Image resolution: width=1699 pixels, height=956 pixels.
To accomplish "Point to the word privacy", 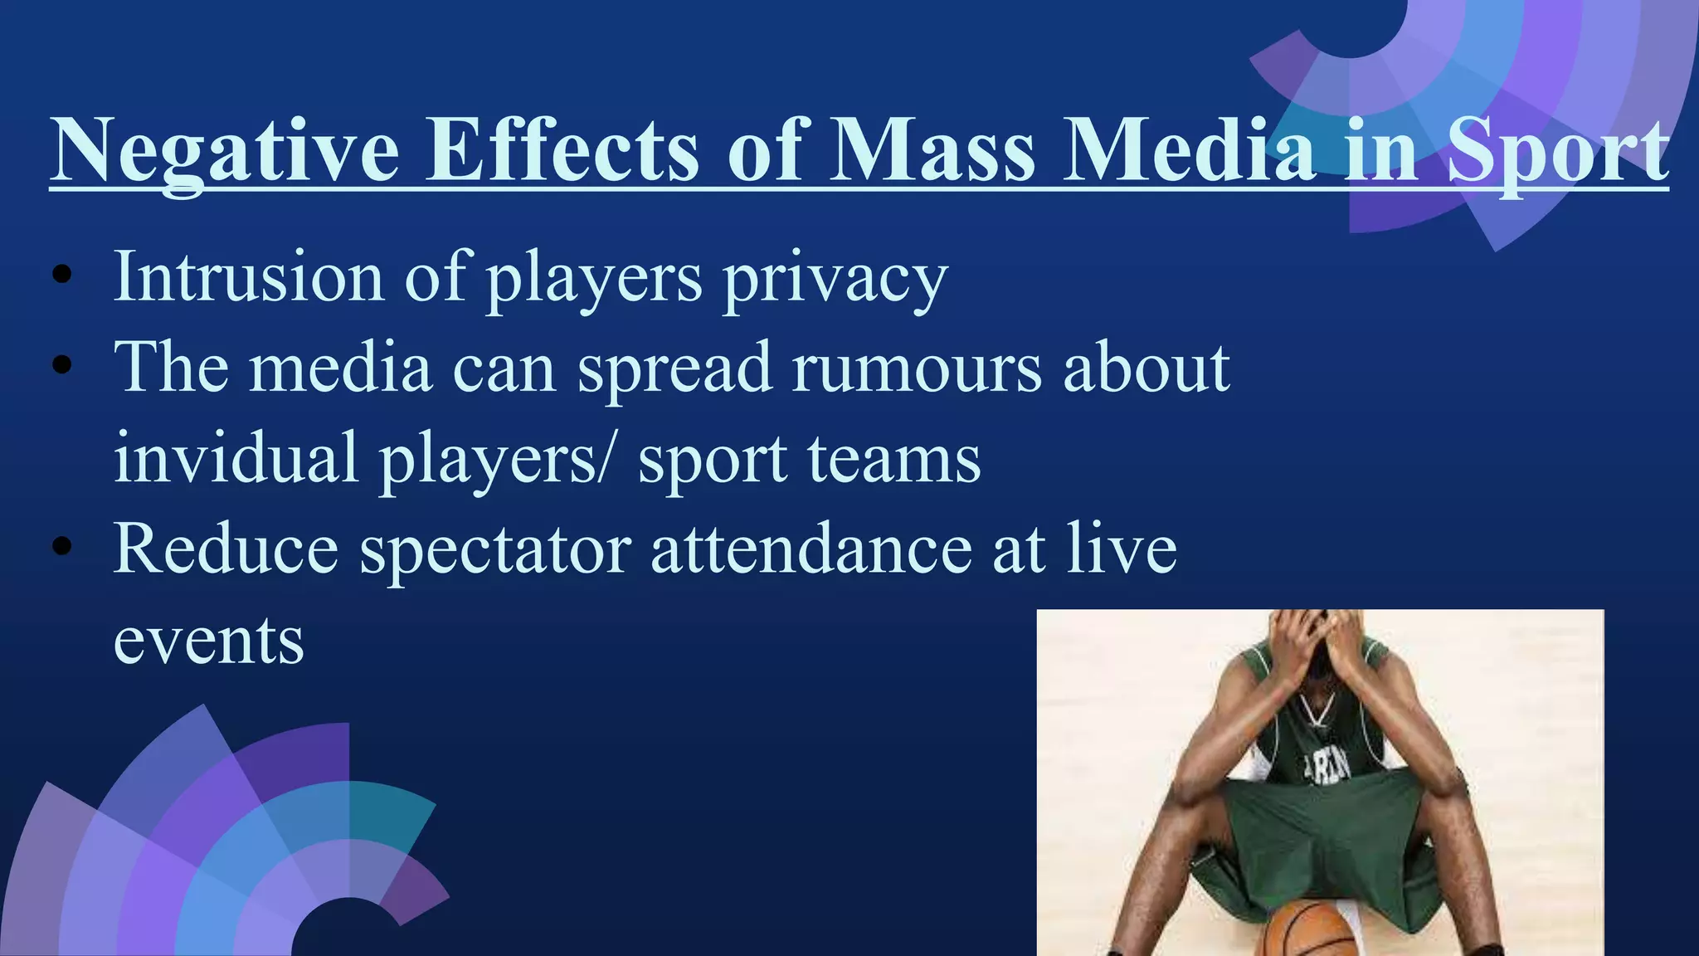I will coord(835,280).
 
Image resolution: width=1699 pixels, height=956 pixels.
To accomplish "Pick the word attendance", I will coord(811,549).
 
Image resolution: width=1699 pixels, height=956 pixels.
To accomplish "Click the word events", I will coord(209,641).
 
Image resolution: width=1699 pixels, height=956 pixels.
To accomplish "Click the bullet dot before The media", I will coord(61,366).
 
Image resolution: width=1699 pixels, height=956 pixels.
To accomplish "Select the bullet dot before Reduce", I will coord(61,547).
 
